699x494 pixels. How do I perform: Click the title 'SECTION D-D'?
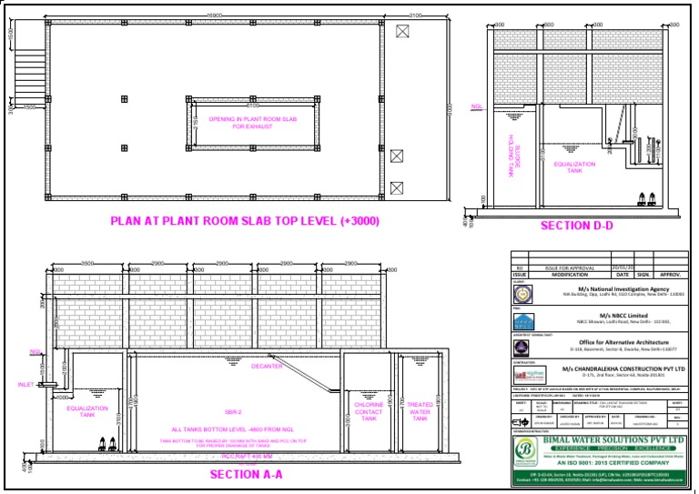coord(578,226)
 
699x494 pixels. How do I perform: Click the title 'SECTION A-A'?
coord(247,474)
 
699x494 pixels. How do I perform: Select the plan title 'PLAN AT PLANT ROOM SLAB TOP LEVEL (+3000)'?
coord(245,220)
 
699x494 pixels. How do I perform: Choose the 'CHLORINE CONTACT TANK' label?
coord(369,410)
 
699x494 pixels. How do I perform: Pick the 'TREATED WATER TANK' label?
coord(420,410)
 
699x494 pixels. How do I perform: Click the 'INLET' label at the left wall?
coord(25,385)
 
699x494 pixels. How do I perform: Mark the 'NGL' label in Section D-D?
coord(476,106)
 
